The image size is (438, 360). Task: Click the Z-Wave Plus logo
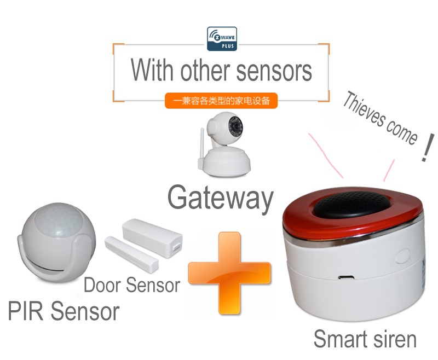tap(222, 39)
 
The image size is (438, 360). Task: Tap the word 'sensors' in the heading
tap(274, 71)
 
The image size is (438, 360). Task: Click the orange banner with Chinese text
tap(221, 101)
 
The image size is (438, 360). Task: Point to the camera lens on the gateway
tap(235, 126)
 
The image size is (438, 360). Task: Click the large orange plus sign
tap(229, 273)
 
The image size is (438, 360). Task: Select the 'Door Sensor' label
tap(132, 285)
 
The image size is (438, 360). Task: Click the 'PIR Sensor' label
tap(64, 311)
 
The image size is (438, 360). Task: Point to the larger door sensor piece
tap(153, 237)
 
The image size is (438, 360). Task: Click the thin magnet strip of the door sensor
tap(131, 254)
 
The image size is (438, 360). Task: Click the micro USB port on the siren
tap(346, 277)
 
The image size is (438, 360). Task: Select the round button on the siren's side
tap(402, 257)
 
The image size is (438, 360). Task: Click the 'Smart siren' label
tap(365, 339)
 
